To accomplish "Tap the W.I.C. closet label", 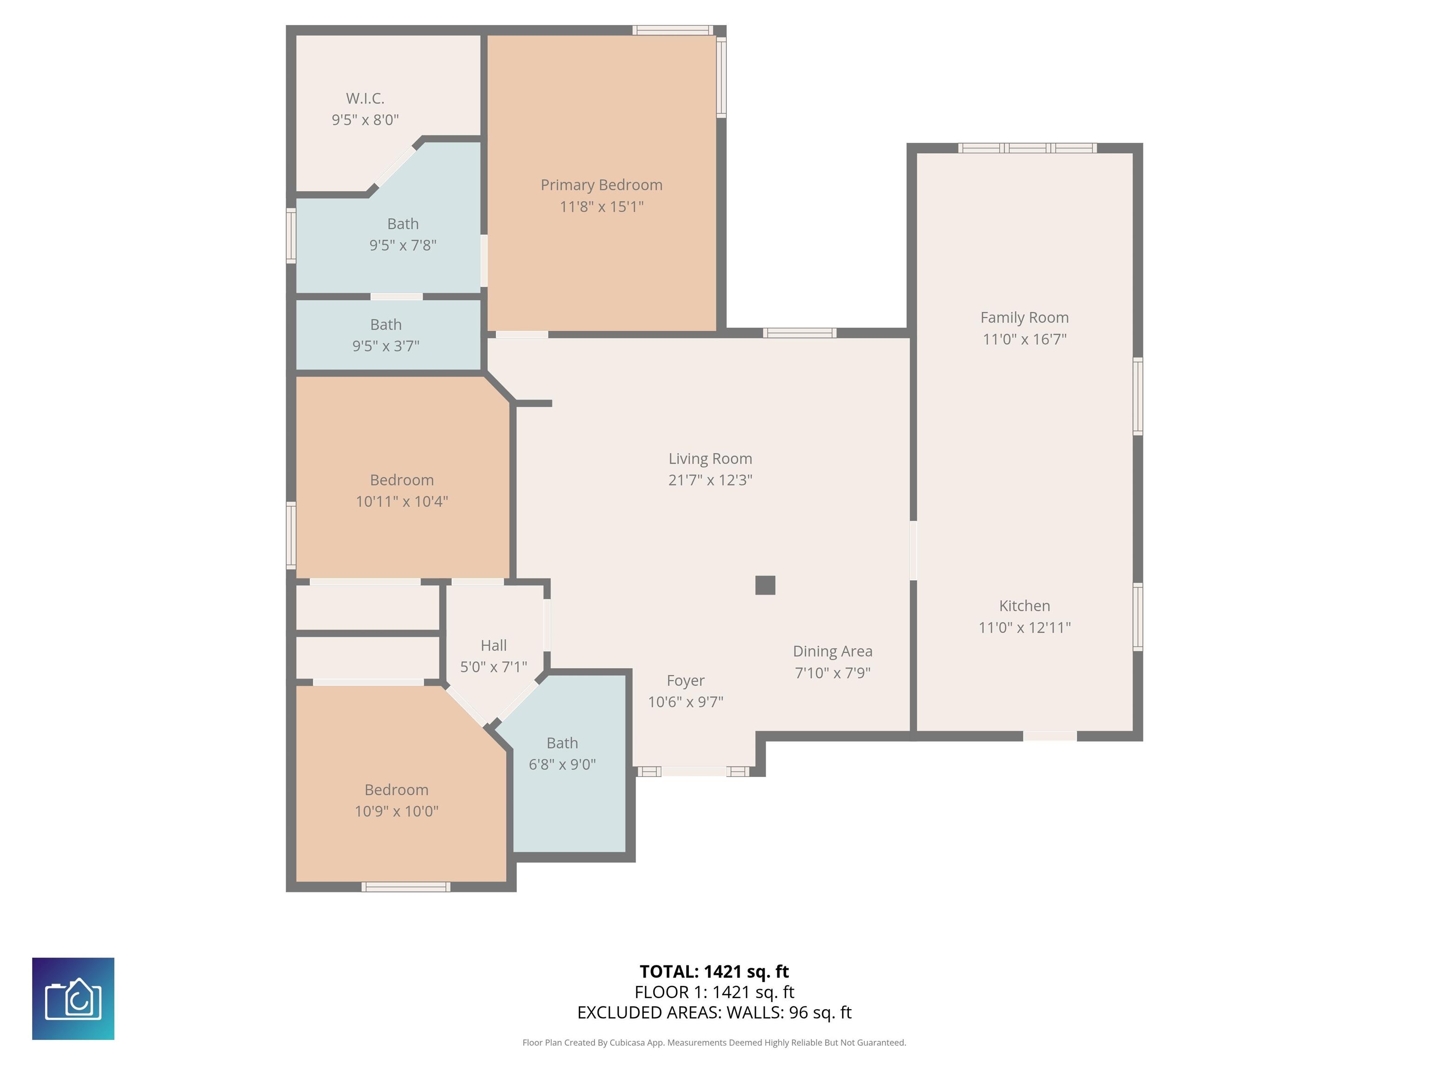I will (365, 98).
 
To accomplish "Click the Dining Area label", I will (832, 651).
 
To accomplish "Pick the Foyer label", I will (686, 680).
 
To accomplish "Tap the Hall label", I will (494, 645).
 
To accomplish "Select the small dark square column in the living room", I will (765, 585).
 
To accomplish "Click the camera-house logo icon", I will (73, 998).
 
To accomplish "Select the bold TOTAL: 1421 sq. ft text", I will (714, 971).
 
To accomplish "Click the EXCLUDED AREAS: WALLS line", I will (714, 1012).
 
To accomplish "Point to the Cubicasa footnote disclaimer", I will (714, 1042).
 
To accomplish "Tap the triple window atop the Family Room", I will (1027, 148).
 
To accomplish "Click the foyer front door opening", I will (694, 771).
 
